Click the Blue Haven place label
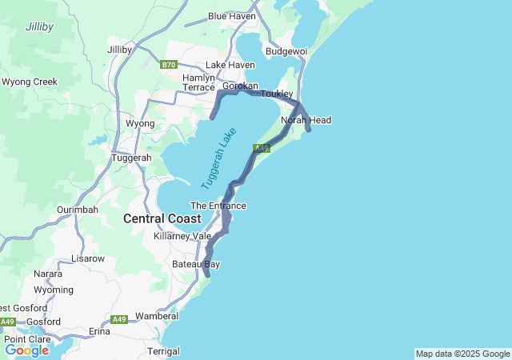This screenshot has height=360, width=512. pos(232,16)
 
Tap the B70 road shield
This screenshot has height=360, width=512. pos(167,65)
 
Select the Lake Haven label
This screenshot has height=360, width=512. pos(230,65)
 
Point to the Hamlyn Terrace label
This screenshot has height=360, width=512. pos(199,82)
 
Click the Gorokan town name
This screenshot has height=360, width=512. pos(239,86)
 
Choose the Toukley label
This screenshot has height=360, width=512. pos(277,94)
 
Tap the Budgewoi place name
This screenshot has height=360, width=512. pos(286,51)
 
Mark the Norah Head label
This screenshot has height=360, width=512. pos(306,120)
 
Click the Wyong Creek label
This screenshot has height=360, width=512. pos(30,82)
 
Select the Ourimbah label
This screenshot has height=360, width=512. pos(78,210)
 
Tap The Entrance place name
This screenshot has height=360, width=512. pos(218,206)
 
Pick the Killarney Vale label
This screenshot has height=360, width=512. pos(182,237)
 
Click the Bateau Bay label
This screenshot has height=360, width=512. pos(196,264)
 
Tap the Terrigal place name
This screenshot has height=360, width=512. pos(164,351)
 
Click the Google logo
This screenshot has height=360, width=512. pos(26,350)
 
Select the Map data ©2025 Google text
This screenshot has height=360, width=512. pos(462,354)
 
